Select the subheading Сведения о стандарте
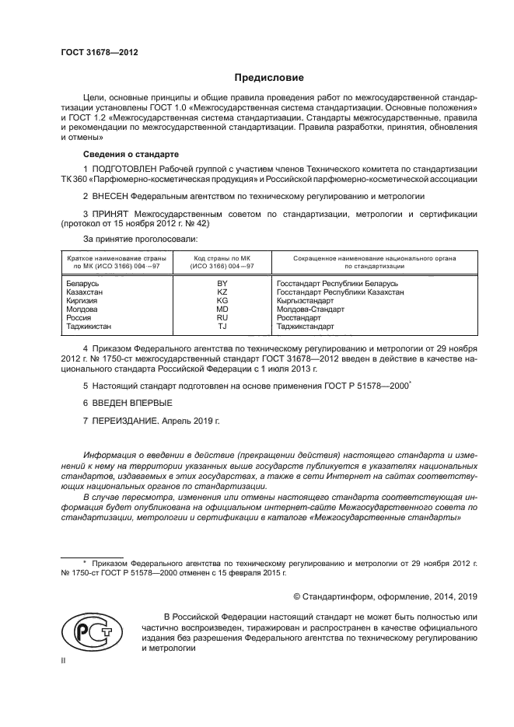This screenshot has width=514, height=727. [131, 154]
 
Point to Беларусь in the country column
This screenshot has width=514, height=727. [84, 285]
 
